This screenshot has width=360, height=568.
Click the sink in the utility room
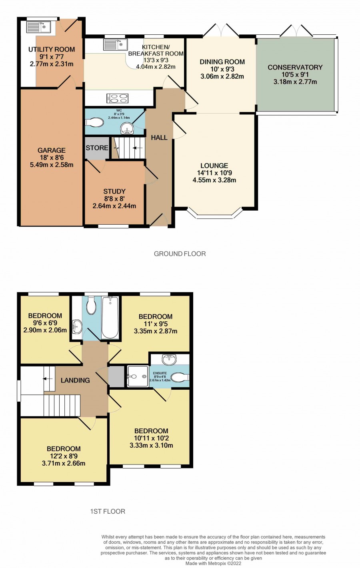click(x=38, y=27)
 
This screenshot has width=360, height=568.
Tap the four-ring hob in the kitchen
click(x=118, y=98)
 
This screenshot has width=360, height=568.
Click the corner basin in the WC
click(x=127, y=129)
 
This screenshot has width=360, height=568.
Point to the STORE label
click(x=97, y=148)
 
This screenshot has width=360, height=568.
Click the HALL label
click(x=159, y=138)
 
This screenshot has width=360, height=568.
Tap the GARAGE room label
click(x=52, y=150)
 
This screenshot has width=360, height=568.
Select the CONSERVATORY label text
click(x=295, y=67)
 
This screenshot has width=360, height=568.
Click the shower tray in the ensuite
click(x=138, y=376)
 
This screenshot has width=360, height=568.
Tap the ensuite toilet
click(x=180, y=377)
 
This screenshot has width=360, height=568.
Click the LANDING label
click(x=75, y=381)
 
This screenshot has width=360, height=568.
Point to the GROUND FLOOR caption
click(x=180, y=253)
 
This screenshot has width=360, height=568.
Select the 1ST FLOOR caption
click(x=108, y=511)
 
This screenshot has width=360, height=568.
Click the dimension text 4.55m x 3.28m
click(x=214, y=180)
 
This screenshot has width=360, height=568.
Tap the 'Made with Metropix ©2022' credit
click(x=213, y=564)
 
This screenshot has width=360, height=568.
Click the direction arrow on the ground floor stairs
click(x=138, y=148)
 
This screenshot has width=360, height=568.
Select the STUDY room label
click(x=114, y=191)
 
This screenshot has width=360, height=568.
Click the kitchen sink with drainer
click(x=115, y=45)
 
